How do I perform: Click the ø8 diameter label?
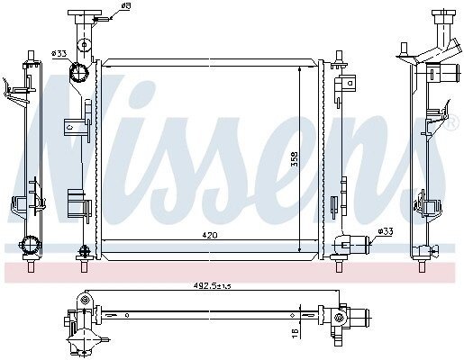pyautogui.click(x=126, y=5)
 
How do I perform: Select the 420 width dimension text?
pyautogui.click(x=210, y=236)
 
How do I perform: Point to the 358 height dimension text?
pyautogui.click(x=296, y=158)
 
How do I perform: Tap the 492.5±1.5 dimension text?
pyautogui.click(x=212, y=286)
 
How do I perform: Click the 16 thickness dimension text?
pyautogui.click(x=296, y=333)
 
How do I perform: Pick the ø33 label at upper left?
pyautogui.click(x=59, y=54)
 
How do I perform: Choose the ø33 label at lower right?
pyautogui.click(x=386, y=231)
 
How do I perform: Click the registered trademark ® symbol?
pyautogui.click(x=453, y=122)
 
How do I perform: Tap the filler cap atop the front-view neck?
pyautogui.click(x=85, y=13)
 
